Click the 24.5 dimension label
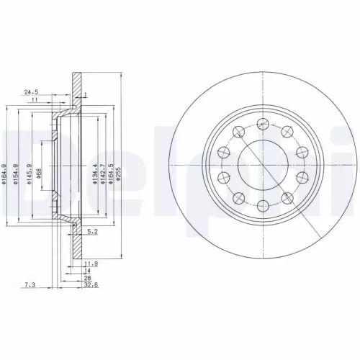pyautogui.click(x=30, y=92)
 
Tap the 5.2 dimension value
pyautogui.click(x=91, y=232)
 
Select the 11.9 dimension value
pyautogui.click(x=91, y=264)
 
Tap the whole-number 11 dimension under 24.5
pyautogui.click(x=34, y=100)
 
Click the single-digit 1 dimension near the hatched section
pyautogui.click(x=84, y=95)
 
